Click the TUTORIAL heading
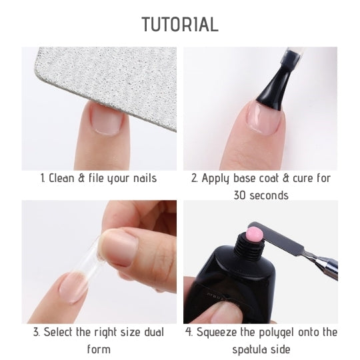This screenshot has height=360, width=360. tap(180, 24)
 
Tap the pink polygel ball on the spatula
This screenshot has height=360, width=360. tap(255, 235)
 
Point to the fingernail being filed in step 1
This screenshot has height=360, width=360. tap(105, 119)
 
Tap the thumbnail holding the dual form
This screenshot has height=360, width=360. tap(119, 247)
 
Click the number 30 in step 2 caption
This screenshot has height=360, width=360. tap(240, 196)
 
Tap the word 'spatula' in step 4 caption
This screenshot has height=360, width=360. tap(249, 350)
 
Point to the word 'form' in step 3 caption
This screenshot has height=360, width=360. tap(99, 349)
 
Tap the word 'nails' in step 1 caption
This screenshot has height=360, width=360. tap(145, 179)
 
